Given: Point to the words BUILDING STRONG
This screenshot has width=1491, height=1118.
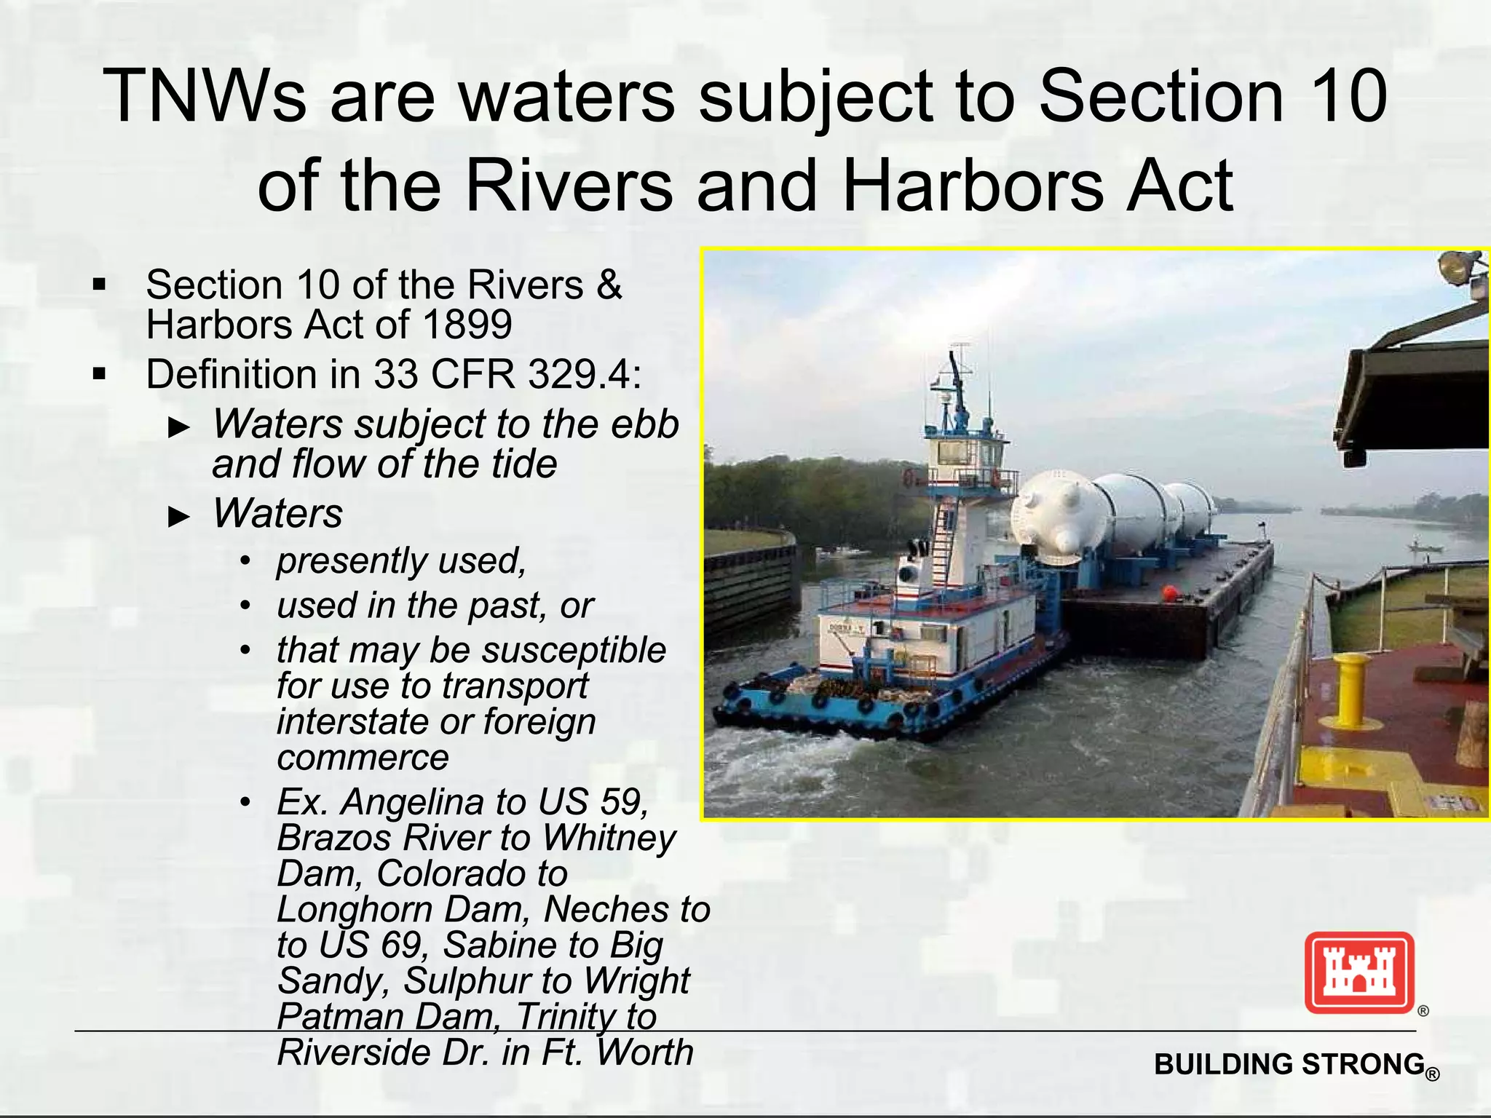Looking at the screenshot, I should [x=1289, y=1064].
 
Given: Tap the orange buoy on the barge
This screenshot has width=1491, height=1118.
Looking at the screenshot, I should [x=1169, y=594].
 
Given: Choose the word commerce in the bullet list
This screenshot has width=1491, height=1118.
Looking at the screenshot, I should [x=363, y=758].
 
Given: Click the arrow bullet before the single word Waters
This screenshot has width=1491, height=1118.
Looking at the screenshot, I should [x=178, y=517].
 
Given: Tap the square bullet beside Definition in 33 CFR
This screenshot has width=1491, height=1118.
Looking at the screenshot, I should [x=100, y=375].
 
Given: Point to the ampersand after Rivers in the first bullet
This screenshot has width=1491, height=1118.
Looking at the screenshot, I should [x=609, y=285].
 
